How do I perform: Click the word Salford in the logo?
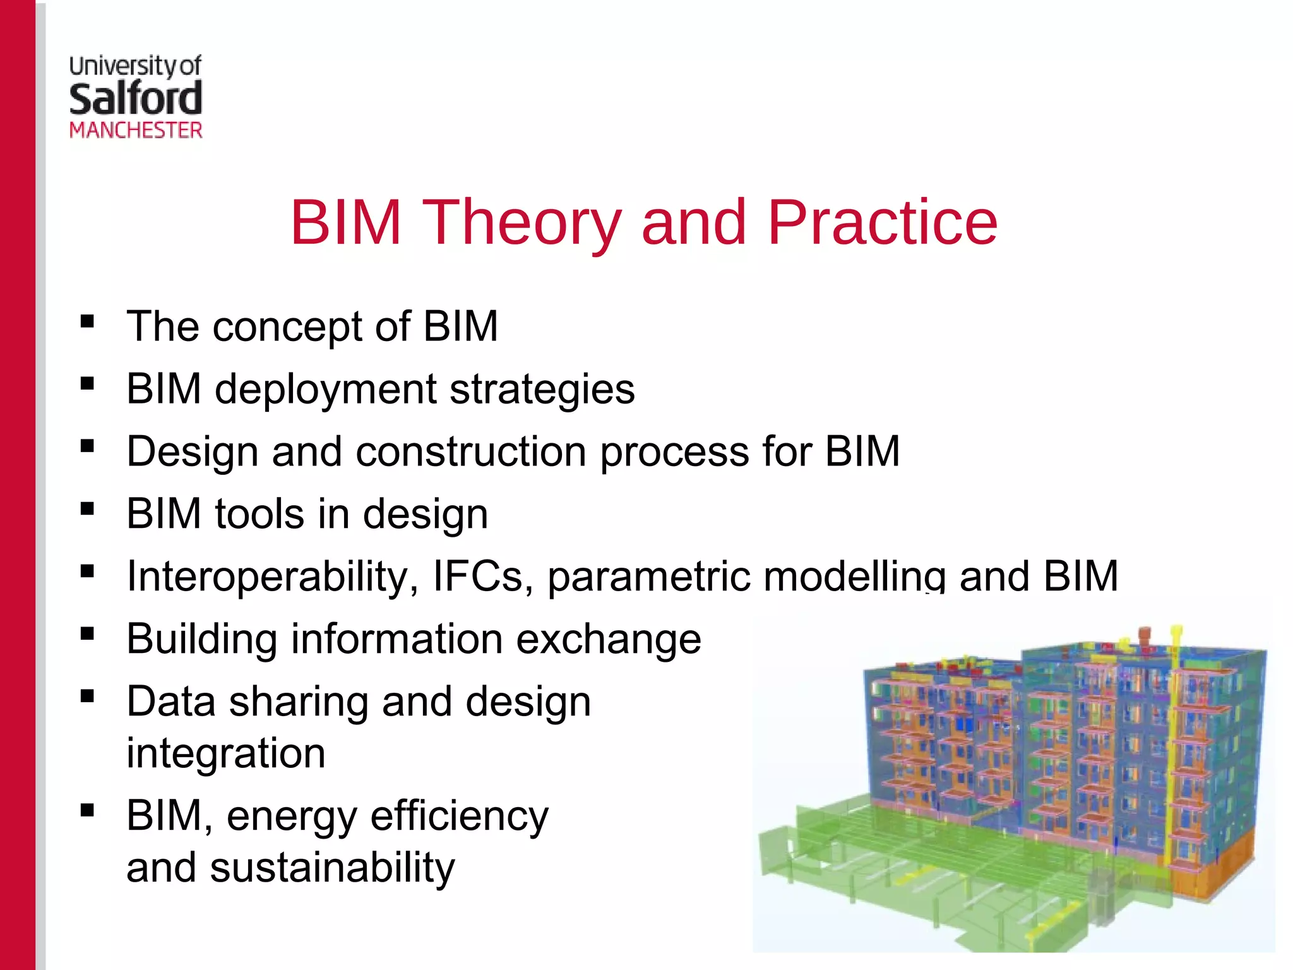pos(136,99)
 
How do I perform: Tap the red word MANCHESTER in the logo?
pos(136,131)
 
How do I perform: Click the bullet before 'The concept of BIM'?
pos(87,321)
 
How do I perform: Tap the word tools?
pos(259,513)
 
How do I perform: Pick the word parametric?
pos(649,577)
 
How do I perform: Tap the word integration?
pos(226,753)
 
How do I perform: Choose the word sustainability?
pos(332,868)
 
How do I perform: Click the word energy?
pos(292,817)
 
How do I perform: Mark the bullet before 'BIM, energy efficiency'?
pos(87,810)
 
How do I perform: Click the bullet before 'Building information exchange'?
pos(87,633)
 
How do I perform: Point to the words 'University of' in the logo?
pos(135,66)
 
